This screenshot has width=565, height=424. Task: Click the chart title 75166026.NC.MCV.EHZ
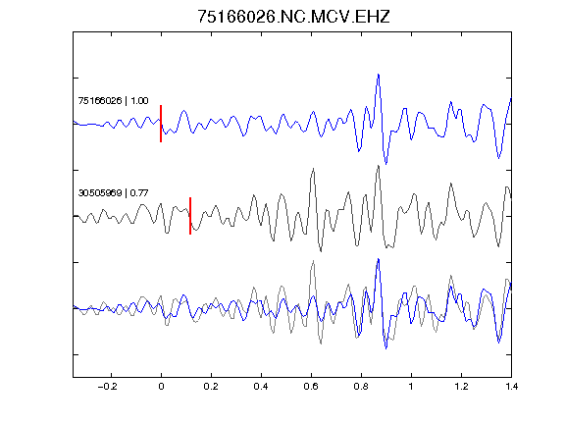[x=293, y=17]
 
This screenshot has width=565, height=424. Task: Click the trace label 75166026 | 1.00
[x=113, y=100]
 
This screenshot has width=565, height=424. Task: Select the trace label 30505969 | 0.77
[x=113, y=193]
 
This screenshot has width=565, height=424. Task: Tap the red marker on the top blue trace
[x=161, y=124]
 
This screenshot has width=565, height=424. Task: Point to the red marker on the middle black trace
[x=190, y=216]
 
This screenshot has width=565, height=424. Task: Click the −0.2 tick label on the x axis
[x=108, y=387]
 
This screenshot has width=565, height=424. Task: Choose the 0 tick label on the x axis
[x=161, y=387]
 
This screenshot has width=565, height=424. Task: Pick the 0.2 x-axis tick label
[x=211, y=387]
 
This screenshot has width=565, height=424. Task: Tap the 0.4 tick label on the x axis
[x=261, y=387]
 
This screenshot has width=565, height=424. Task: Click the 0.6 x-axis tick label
[x=311, y=387]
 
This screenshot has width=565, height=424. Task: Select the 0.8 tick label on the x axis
[x=361, y=387]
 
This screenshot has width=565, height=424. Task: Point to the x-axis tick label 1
[x=411, y=387]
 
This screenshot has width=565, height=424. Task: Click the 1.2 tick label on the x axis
[x=461, y=387]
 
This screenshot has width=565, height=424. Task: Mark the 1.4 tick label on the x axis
[x=511, y=387]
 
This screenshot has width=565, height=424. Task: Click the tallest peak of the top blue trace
[x=379, y=75]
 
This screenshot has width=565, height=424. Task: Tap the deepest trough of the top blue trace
[x=386, y=164]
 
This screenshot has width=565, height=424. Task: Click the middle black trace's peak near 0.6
[x=314, y=169]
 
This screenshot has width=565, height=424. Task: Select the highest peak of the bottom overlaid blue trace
[x=379, y=259]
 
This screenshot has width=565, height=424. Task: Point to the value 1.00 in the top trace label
[x=139, y=100]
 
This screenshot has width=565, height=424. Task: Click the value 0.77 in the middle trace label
[x=139, y=193]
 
